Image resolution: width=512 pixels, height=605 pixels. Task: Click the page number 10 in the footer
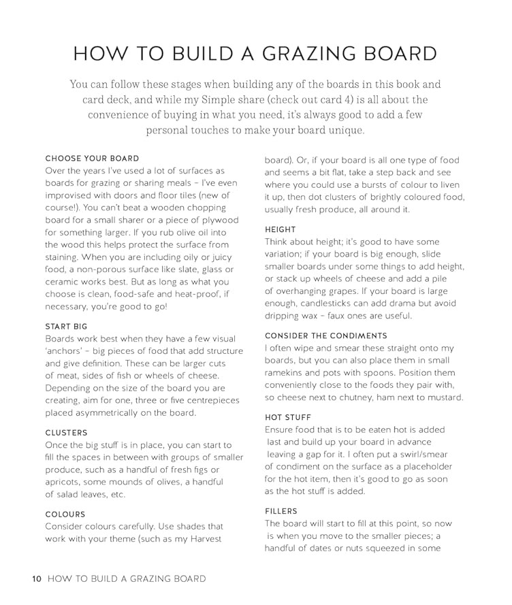[x=37, y=579]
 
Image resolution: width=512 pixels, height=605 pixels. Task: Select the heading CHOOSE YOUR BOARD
[x=92, y=158]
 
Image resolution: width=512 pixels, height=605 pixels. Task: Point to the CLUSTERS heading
[x=67, y=433]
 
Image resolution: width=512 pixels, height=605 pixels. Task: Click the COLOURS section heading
[x=65, y=514]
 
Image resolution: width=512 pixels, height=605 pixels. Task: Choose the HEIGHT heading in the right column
[x=281, y=230]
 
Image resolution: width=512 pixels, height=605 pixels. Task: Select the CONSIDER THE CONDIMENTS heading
[x=326, y=336]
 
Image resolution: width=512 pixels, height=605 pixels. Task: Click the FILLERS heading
[x=281, y=511]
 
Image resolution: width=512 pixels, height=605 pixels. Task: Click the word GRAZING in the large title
[x=295, y=54]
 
